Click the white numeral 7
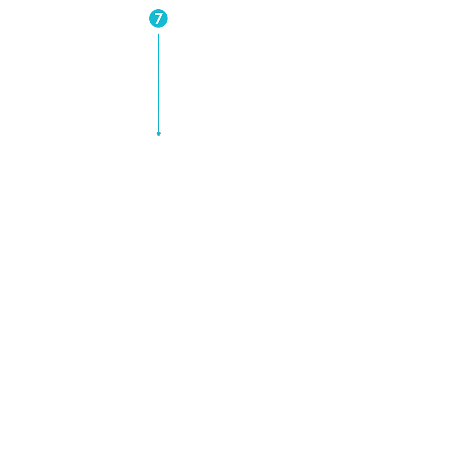pos(158,19)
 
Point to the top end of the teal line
pos(159,34)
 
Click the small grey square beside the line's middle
pos(161,81)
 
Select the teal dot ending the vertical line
pos(159,133)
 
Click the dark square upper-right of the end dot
pos(161,131)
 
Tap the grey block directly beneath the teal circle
pos(159,29)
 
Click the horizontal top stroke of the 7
pos(158,14)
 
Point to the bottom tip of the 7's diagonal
pos(157,24)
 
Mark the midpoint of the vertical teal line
pos(159,83)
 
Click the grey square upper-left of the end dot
pos(156,131)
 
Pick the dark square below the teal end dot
pos(159,136)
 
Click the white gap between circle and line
pos(159,31)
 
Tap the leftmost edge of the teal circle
pos(149,19)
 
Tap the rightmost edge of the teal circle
pos(168,19)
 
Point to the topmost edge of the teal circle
pos(159,9)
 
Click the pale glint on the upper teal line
pos(158,63)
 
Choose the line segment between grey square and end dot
pos(159,107)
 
